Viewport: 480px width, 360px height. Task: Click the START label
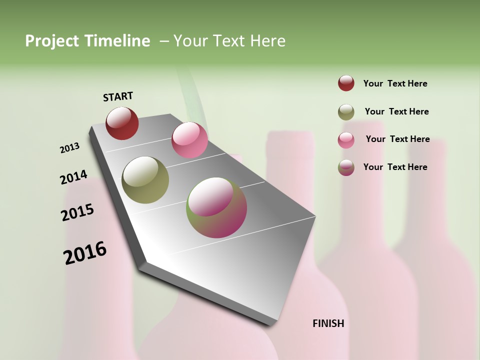(118, 96)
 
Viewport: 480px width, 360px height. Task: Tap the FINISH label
(328, 323)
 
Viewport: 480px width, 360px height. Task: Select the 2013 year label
(69, 148)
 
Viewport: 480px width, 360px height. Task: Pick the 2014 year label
(73, 177)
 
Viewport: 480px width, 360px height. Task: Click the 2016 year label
(85, 253)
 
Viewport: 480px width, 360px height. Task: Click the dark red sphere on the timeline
(122, 123)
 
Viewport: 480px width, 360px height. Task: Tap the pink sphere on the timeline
(189, 140)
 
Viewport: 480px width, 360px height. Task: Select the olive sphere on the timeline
(145, 180)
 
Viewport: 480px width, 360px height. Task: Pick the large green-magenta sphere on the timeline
(216, 207)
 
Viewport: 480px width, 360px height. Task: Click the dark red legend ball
(346, 83)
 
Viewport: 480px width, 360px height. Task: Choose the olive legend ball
(346, 112)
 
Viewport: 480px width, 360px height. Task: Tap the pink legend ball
(346, 140)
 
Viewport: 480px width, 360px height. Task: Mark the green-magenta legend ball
(346, 167)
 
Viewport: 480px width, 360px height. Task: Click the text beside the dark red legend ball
(395, 83)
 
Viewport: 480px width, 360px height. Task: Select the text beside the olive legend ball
(396, 111)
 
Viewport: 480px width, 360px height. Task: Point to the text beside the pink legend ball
(397, 139)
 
